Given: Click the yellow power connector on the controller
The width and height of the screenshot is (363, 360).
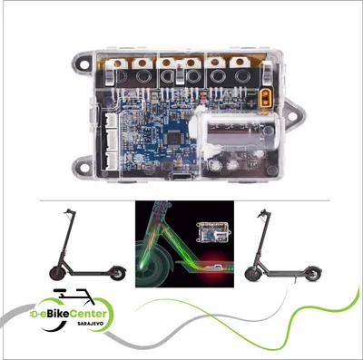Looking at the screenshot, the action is [x=265, y=98].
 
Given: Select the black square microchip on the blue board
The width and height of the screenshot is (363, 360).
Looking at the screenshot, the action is [x=174, y=139].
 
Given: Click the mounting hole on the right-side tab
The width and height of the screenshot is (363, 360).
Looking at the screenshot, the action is [x=292, y=116].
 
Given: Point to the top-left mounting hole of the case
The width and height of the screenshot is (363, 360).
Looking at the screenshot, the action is [x=84, y=64].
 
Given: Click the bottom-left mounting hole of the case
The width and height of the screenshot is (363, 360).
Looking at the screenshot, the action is [x=84, y=165].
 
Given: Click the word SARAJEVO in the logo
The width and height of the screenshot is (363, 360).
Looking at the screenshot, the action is [x=90, y=323].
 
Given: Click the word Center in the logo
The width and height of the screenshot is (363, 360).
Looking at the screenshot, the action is [x=88, y=314].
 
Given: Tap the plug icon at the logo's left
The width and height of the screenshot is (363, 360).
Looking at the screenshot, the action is [x=34, y=315].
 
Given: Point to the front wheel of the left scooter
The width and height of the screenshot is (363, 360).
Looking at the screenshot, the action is [x=57, y=273].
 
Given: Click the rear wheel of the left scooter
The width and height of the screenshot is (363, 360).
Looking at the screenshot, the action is [x=118, y=273].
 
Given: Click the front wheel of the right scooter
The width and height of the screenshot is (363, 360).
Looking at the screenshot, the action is [x=252, y=274].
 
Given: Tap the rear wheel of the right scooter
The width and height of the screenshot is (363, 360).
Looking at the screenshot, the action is [x=313, y=274].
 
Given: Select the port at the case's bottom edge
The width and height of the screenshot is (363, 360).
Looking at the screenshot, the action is [x=181, y=177].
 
